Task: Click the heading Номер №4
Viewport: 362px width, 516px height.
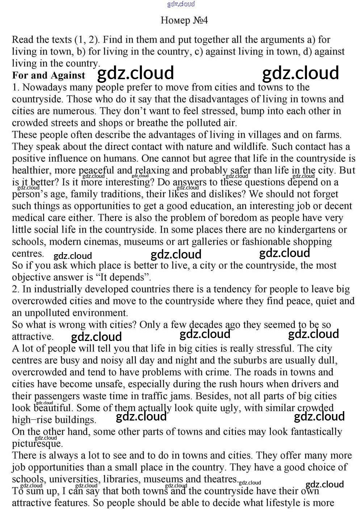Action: pos(184,20)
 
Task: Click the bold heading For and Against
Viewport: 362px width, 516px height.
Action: pos(49,76)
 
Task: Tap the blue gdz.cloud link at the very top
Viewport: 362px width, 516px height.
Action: pos(181,4)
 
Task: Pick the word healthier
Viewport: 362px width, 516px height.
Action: pos(29,171)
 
